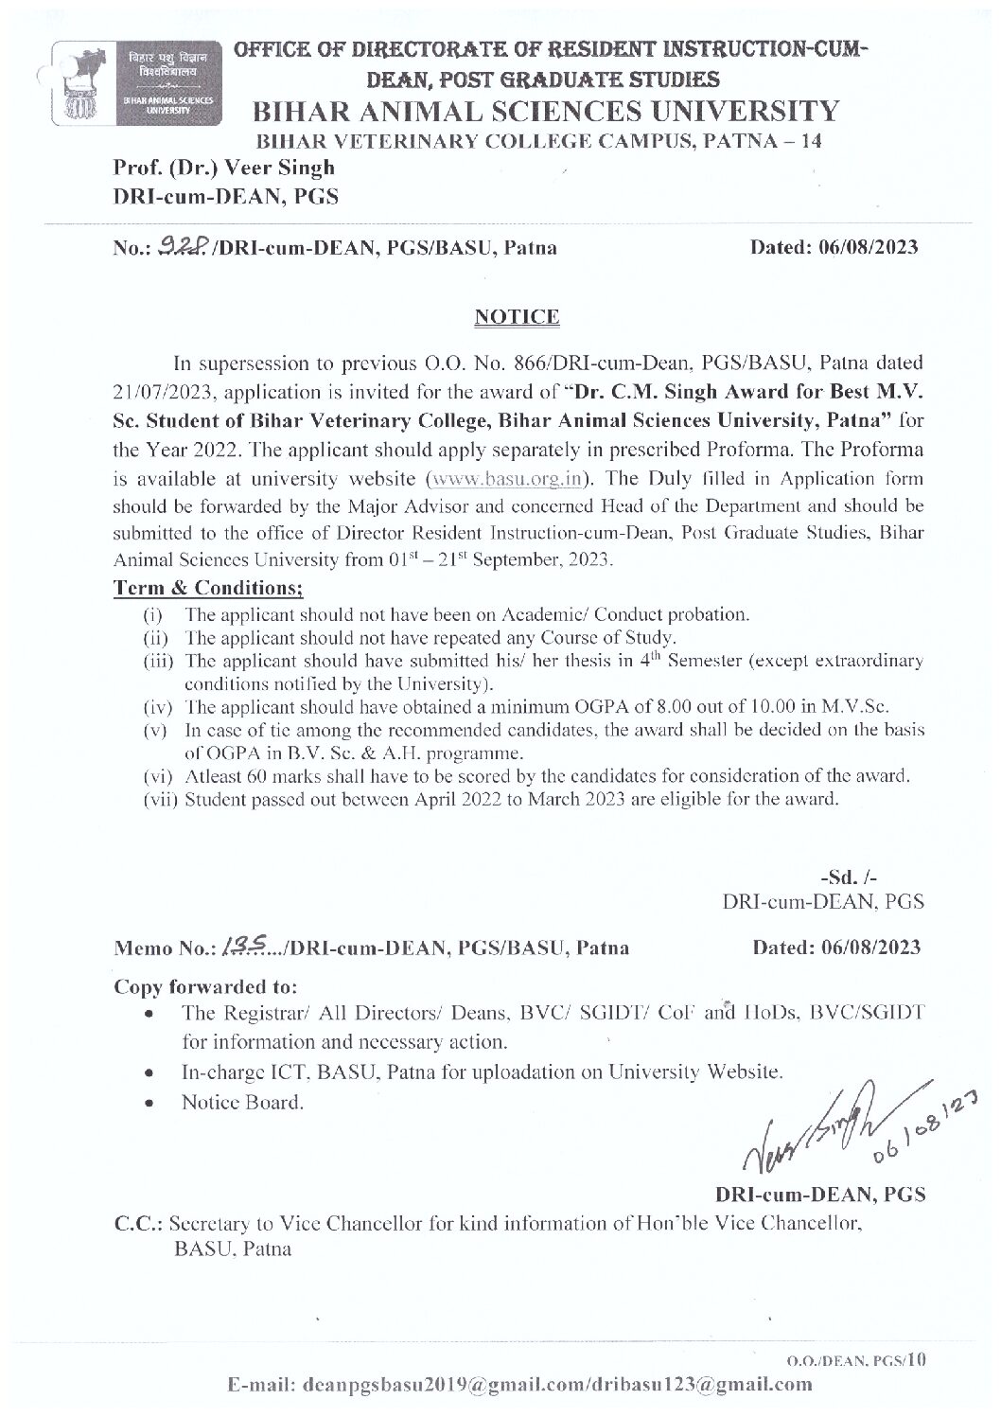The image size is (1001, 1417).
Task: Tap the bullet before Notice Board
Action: point(149,1103)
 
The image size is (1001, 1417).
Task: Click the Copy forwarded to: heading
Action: point(205,985)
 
